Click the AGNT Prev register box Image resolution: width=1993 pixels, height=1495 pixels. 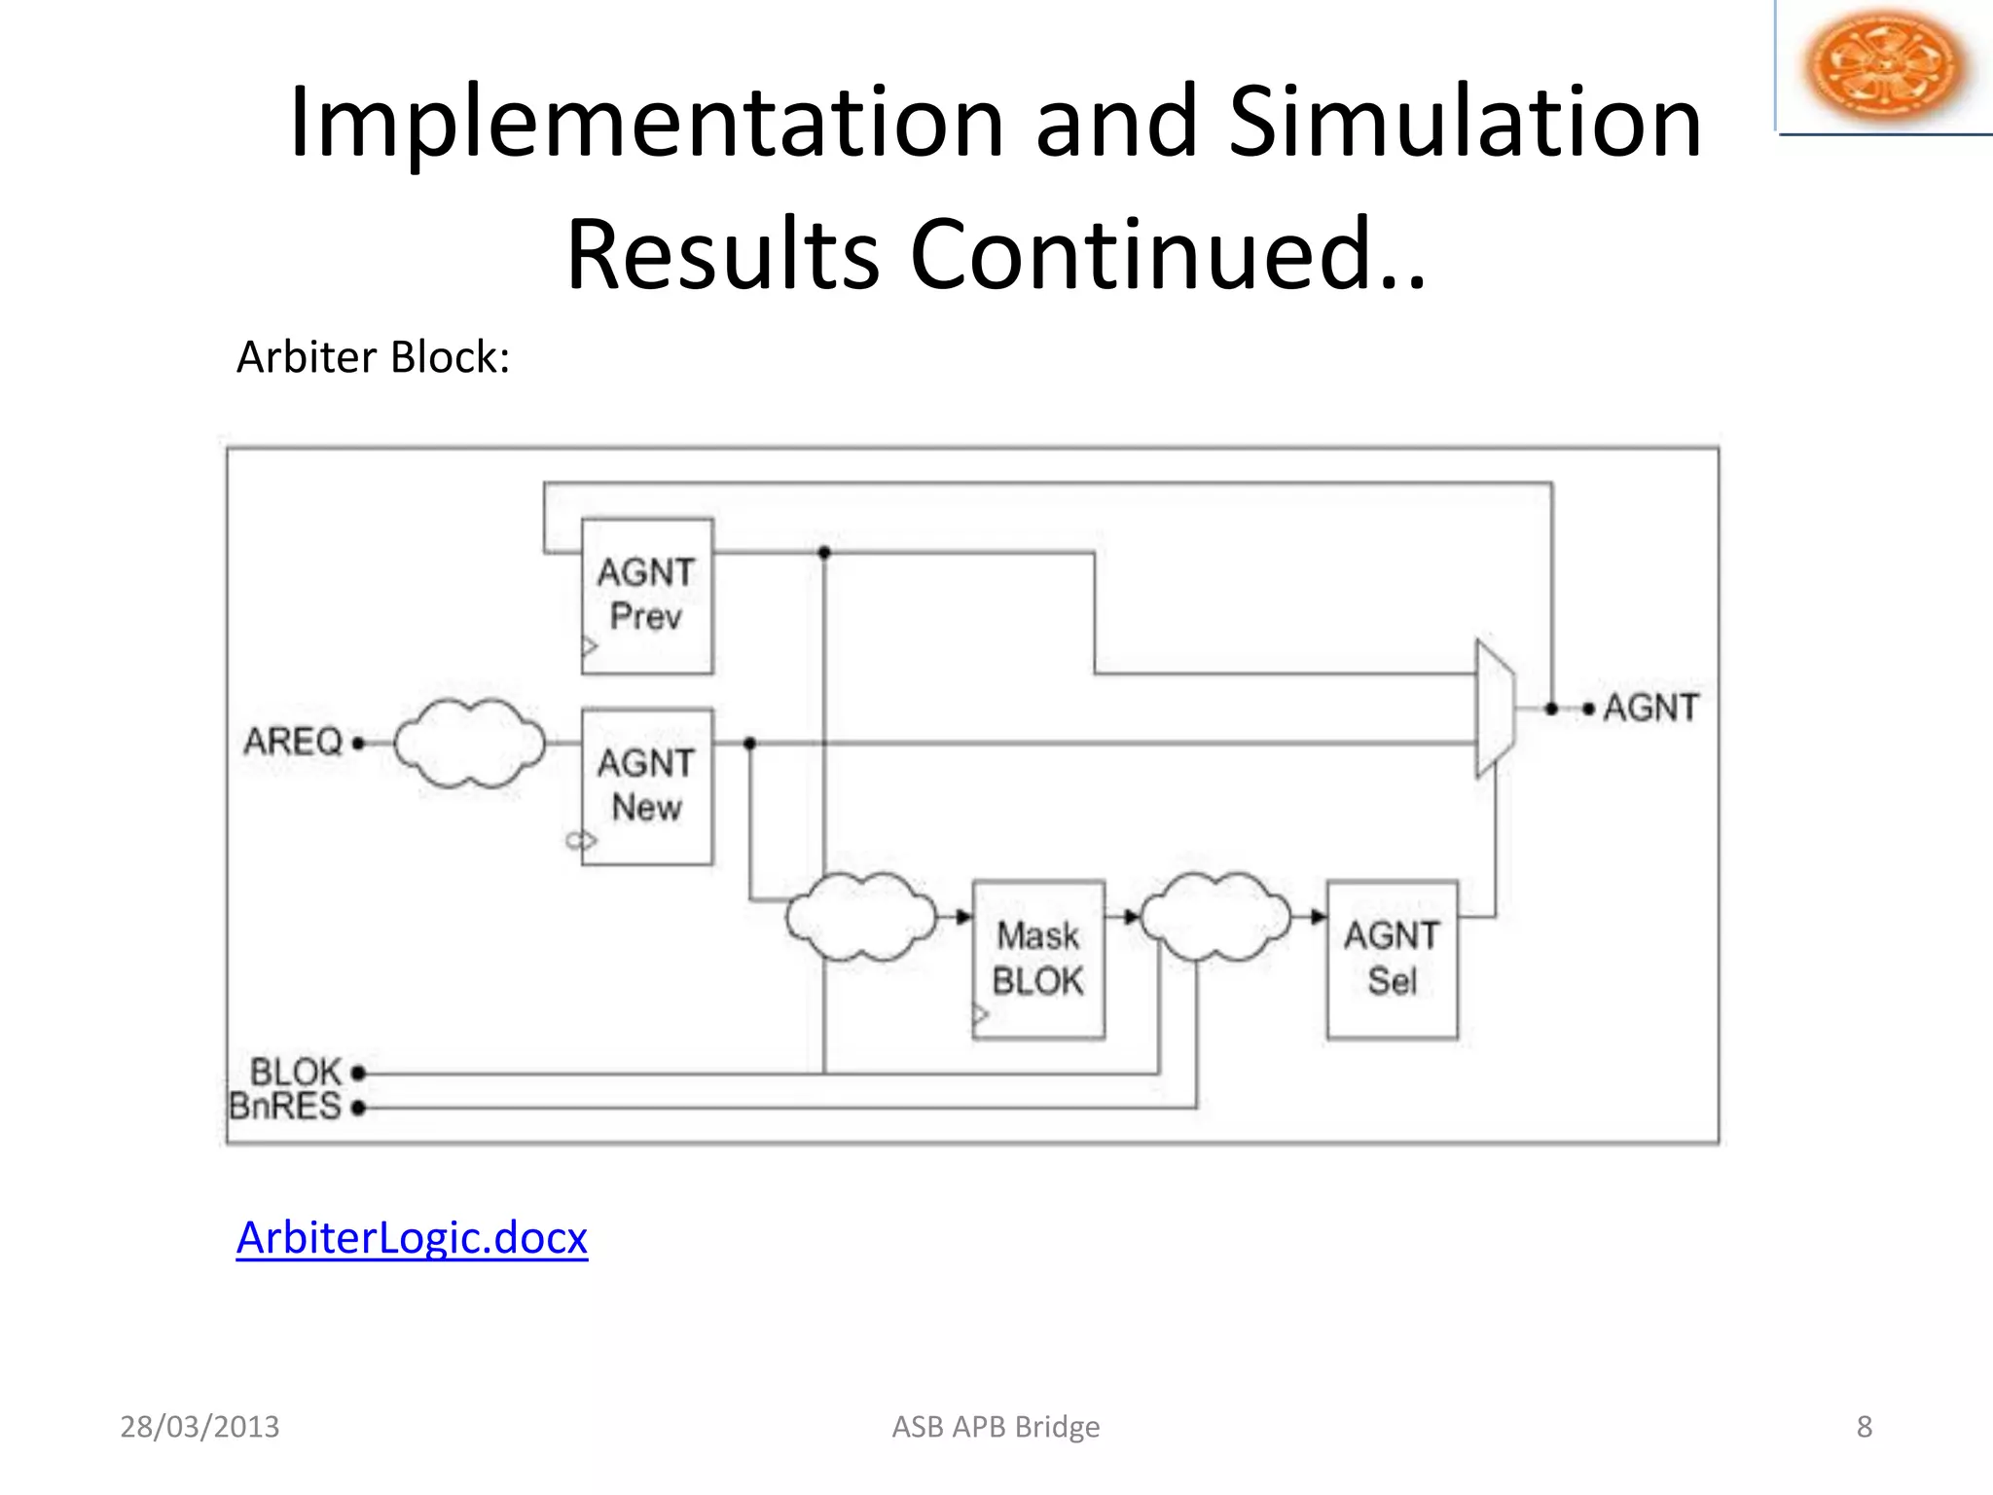[647, 596]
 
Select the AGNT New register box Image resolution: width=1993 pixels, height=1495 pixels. [647, 785]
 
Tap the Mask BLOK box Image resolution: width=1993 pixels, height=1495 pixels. [1038, 960]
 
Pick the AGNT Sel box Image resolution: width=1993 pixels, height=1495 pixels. [1392, 960]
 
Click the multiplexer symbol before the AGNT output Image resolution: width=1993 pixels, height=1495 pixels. [1495, 709]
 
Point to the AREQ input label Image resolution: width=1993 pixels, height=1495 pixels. [293, 742]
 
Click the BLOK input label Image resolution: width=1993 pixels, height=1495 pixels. [296, 1072]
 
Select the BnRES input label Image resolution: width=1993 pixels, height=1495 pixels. [285, 1107]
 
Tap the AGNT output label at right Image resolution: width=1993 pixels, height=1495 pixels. [1650, 708]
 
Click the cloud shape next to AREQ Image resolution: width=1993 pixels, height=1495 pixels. [470, 744]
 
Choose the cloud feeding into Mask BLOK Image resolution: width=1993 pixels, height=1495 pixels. [860, 917]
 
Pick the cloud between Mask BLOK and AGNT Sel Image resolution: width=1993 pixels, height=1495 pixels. [1214, 917]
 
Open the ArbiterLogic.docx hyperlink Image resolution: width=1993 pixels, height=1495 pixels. [412, 1238]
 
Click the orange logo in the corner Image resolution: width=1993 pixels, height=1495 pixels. [1884, 65]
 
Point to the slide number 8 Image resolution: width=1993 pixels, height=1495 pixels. [1864, 1427]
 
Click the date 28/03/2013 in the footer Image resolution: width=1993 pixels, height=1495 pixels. [199, 1427]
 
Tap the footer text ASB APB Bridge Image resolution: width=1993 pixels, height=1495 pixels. [996, 1427]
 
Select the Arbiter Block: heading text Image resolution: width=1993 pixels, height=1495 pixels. [373, 357]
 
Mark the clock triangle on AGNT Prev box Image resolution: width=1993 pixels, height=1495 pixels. [589, 645]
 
